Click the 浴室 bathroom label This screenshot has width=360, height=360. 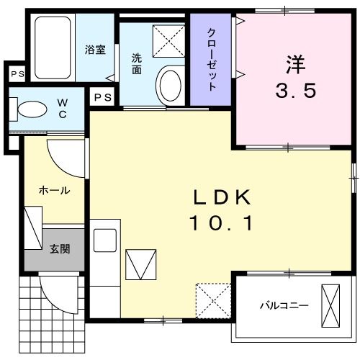click(94, 50)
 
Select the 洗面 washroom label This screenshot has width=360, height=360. click(137, 64)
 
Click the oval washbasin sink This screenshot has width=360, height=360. click(171, 85)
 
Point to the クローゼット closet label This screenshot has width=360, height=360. click(212, 59)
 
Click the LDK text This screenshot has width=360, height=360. click(222, 197)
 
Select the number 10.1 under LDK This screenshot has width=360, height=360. click(222, 225)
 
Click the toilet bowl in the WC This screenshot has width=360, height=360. click(32, 109)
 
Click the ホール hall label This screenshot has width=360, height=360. click(54, 191)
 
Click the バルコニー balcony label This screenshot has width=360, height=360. click(284, 305)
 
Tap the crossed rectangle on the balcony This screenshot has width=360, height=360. click(330, 305)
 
